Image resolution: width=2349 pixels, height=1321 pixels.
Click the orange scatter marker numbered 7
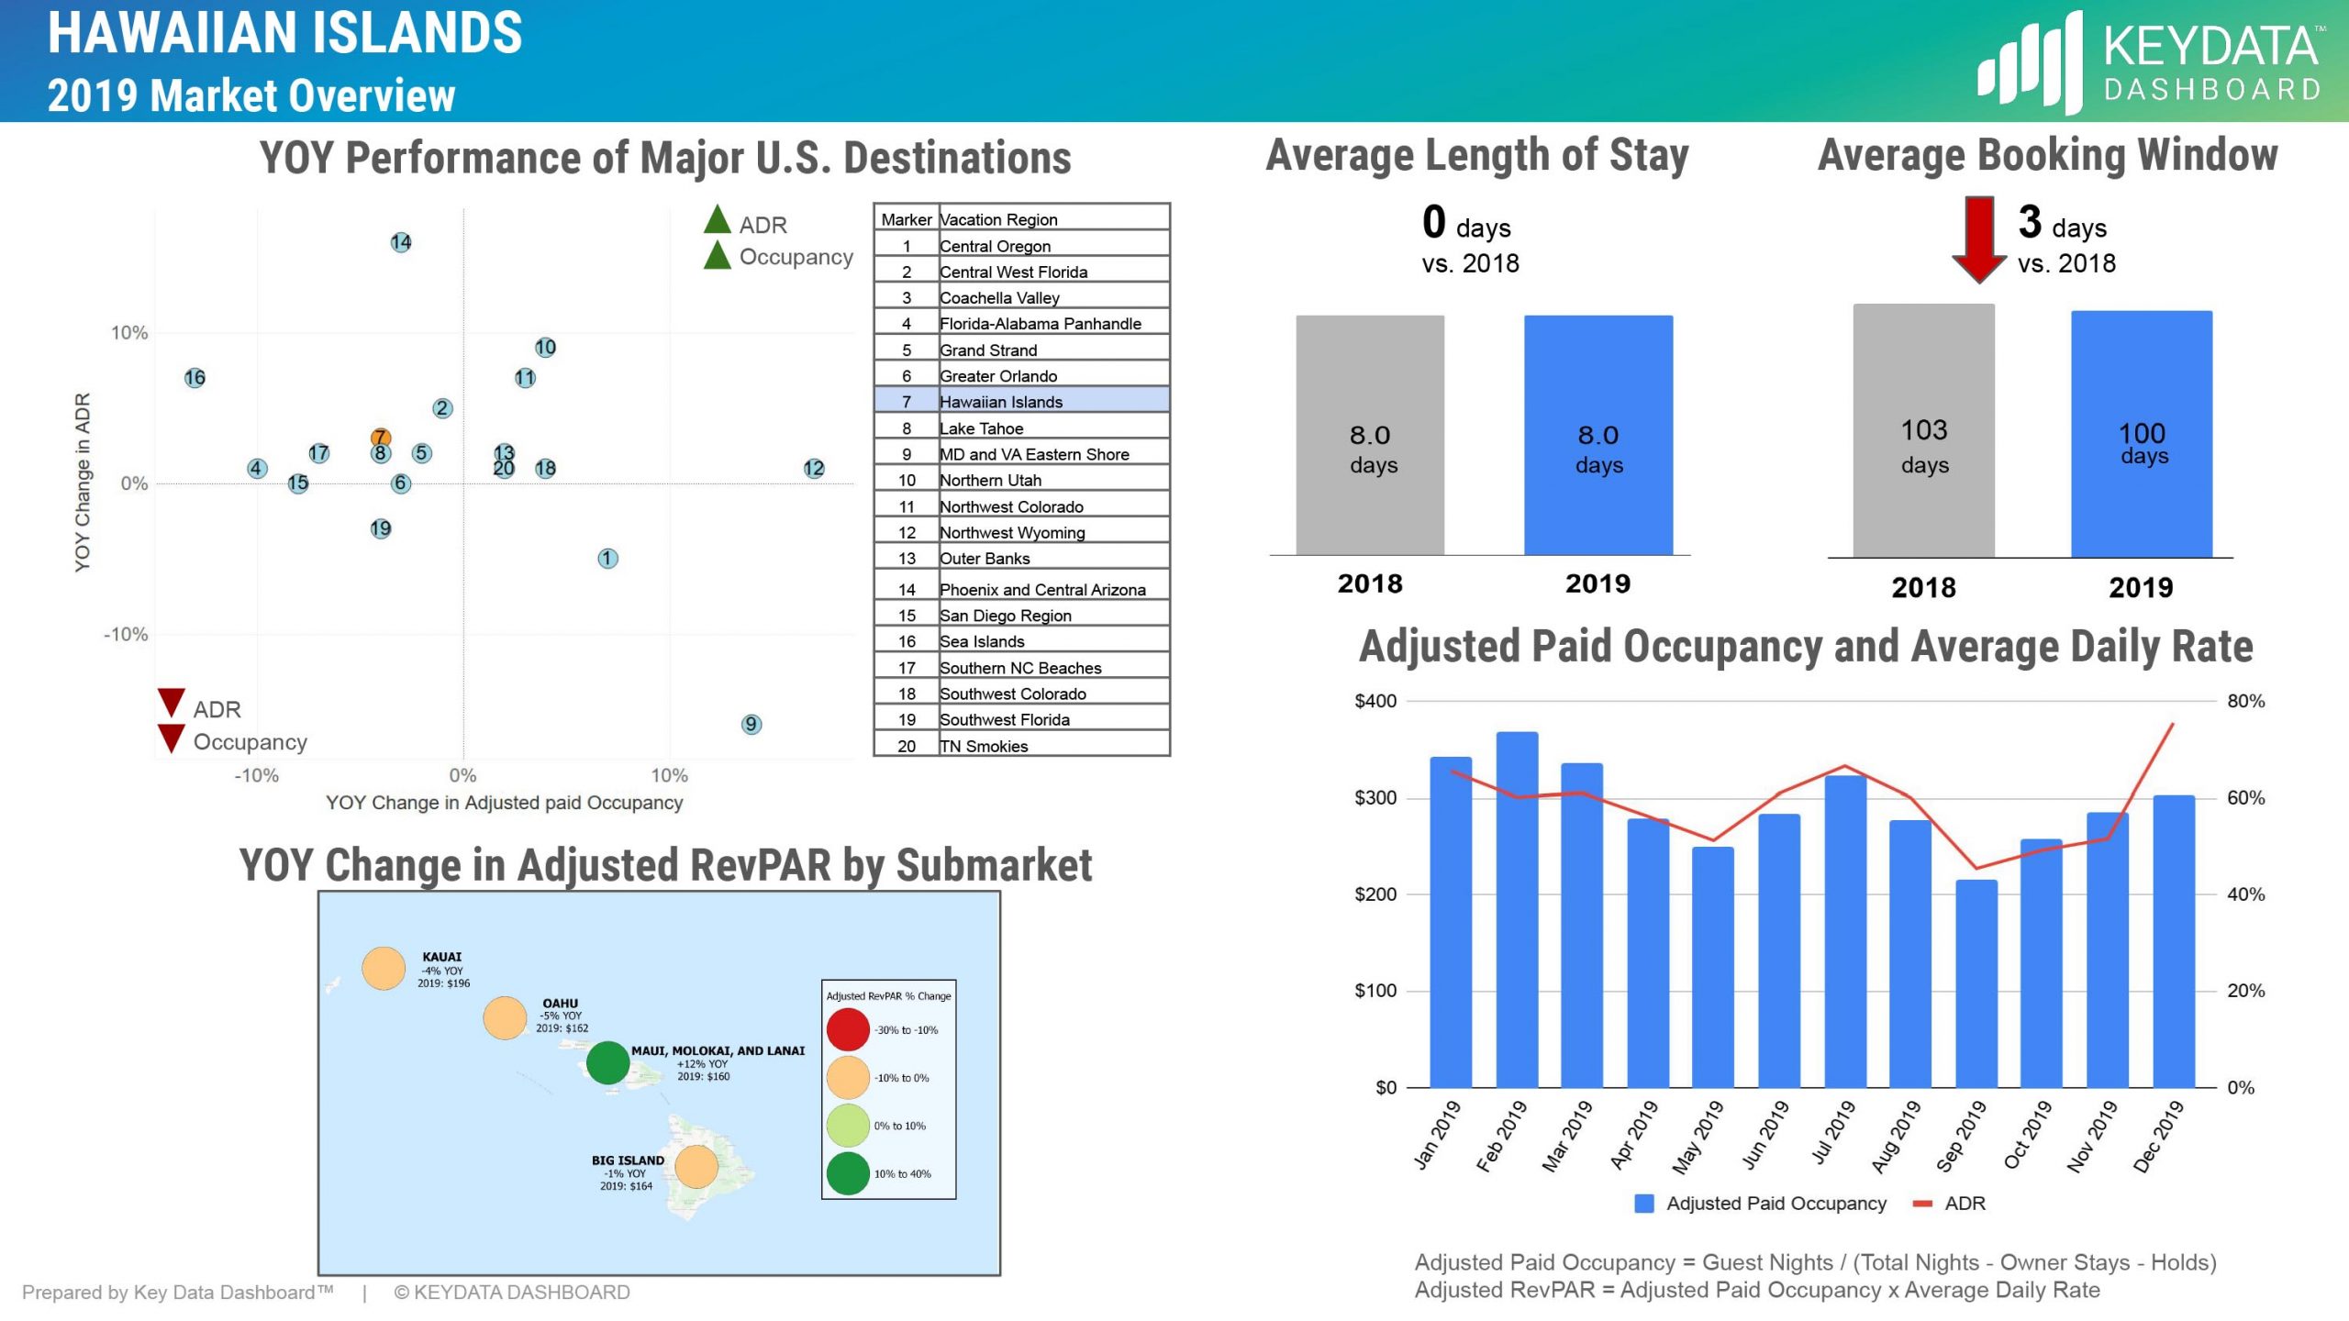click(x=381, y=438)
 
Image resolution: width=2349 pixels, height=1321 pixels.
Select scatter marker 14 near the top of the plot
click(x=401, y=242)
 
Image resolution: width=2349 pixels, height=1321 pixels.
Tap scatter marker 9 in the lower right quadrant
click(x=751, y=724)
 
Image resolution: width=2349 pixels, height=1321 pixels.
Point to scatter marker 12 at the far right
click(x=814, y=468)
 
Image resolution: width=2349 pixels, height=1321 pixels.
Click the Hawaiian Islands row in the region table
click(x=1021, y=401)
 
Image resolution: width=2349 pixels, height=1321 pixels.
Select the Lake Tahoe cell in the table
click(x=981, y=427)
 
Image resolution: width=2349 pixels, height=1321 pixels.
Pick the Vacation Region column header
click(x=998, y=219)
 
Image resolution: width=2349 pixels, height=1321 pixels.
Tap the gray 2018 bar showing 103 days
click(x=1923, y=431)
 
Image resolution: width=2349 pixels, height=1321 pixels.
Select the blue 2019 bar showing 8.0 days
click(x=1598, y=436)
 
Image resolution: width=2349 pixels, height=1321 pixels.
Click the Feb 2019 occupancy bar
click(x=1516, y=908)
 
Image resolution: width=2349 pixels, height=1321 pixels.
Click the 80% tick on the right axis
click(x=2245, y=701)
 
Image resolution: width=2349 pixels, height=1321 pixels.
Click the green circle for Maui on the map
click(x=607, y=1062)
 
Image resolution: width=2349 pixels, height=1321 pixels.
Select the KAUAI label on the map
click(x=441, y=956)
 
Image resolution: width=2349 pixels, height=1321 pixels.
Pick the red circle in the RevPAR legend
click(x=847, y=1029)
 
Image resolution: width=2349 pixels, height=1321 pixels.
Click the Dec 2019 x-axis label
click(x=2158, y=1136)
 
